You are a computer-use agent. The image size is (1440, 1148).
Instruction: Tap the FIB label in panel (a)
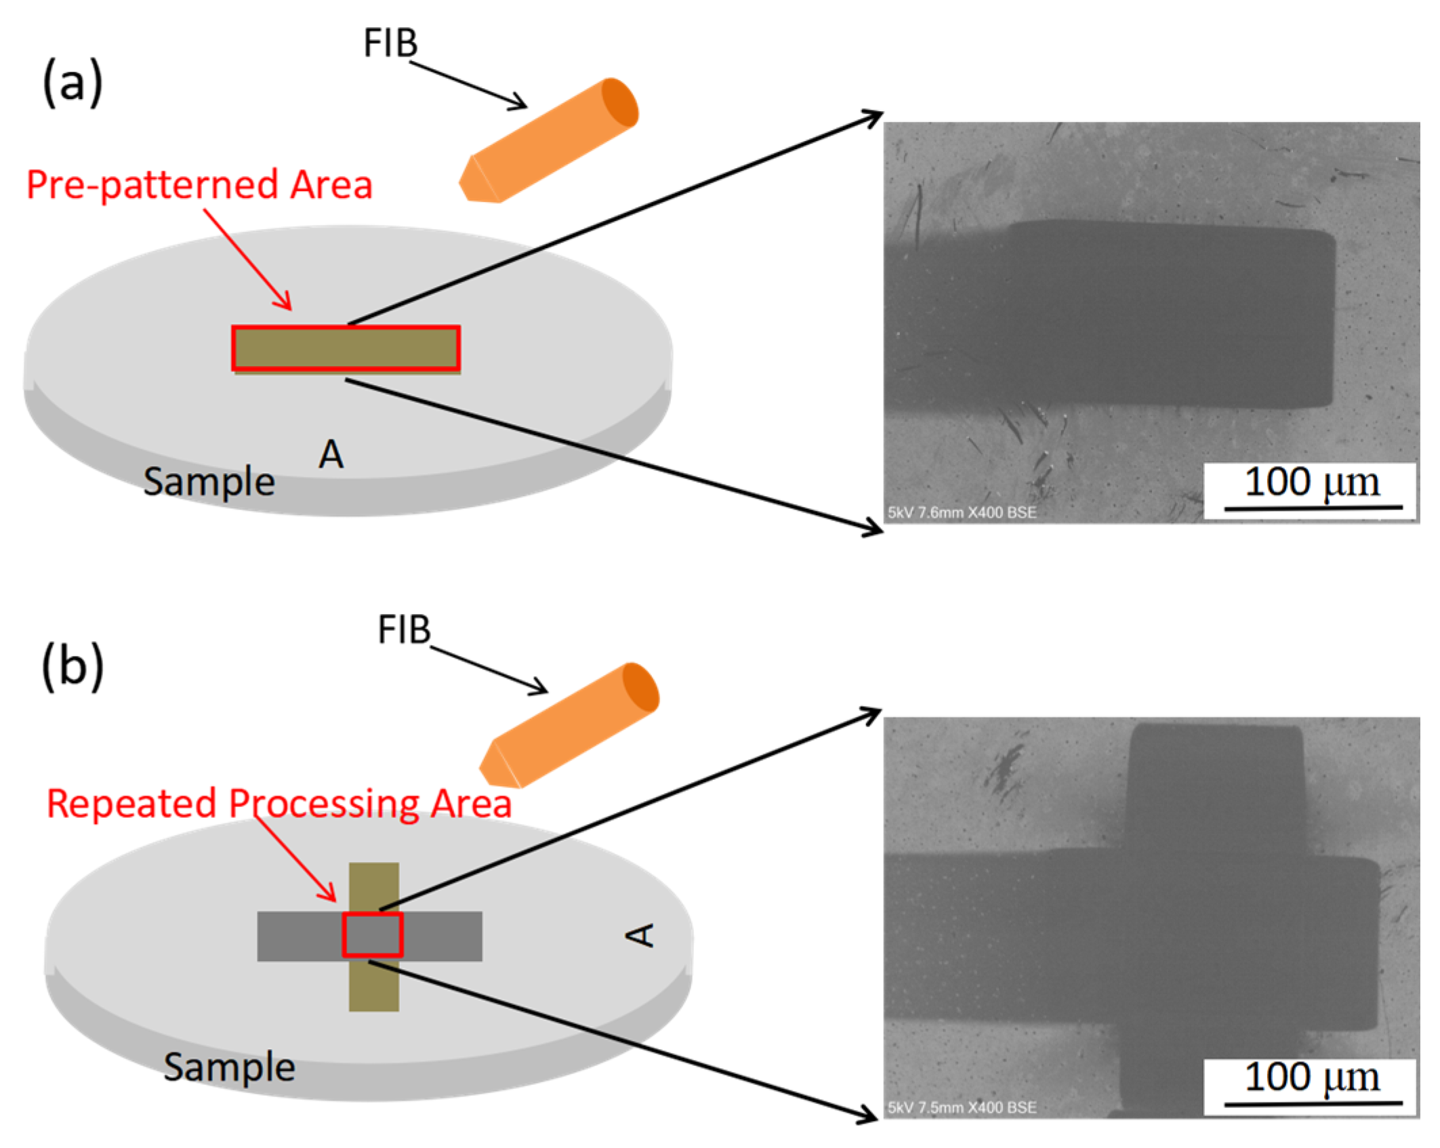(390, 43)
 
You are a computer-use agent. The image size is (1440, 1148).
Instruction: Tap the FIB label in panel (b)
(404, 630)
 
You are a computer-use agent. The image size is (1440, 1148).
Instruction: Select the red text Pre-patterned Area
(199, 185)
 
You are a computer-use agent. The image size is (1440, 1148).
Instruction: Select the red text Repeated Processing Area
(279, 804)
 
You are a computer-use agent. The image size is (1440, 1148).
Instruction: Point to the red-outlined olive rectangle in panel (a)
(346, 348)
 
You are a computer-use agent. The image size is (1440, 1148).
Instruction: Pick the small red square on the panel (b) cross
(372, 935)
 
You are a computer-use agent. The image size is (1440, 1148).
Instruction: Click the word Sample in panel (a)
(209, 483)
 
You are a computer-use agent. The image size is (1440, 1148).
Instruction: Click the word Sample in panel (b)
(229, 1067)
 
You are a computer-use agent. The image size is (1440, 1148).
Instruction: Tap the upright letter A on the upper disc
(331, 454)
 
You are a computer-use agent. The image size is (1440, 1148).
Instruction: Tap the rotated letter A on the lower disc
(640, 935)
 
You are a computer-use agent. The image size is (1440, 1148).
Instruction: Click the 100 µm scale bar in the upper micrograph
(1313, 506)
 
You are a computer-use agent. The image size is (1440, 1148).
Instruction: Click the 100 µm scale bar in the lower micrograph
(1313, 1103)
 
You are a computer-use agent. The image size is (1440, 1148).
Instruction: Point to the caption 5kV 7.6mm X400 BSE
(962, 512)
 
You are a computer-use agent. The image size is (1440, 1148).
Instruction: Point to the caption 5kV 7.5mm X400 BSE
(962, 1108)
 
